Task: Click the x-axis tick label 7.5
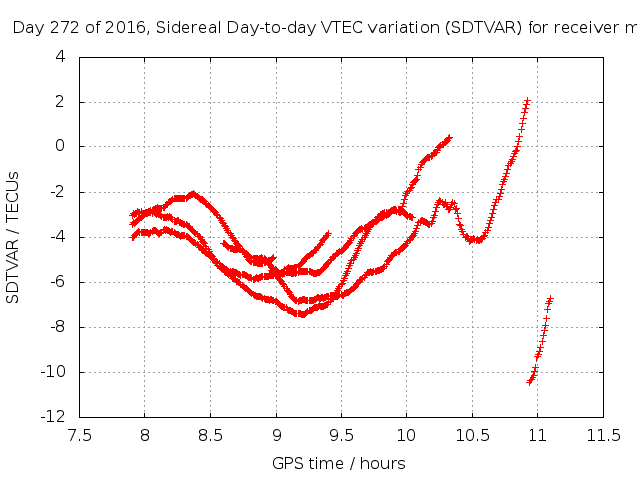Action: point(79,435)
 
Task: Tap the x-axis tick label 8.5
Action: point(210,435)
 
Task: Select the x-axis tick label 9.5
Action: point(341,435)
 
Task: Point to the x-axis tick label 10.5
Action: point(472,435)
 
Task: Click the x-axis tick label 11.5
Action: point(603,435)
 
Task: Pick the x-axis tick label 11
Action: point(537,435)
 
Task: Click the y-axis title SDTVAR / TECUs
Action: point(14,237)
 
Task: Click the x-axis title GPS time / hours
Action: point(338,463)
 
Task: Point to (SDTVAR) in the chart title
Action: point(484,27)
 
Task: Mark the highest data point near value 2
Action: point(527,101)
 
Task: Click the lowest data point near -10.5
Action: point(530,382)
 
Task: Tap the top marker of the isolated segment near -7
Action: point(550,299)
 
